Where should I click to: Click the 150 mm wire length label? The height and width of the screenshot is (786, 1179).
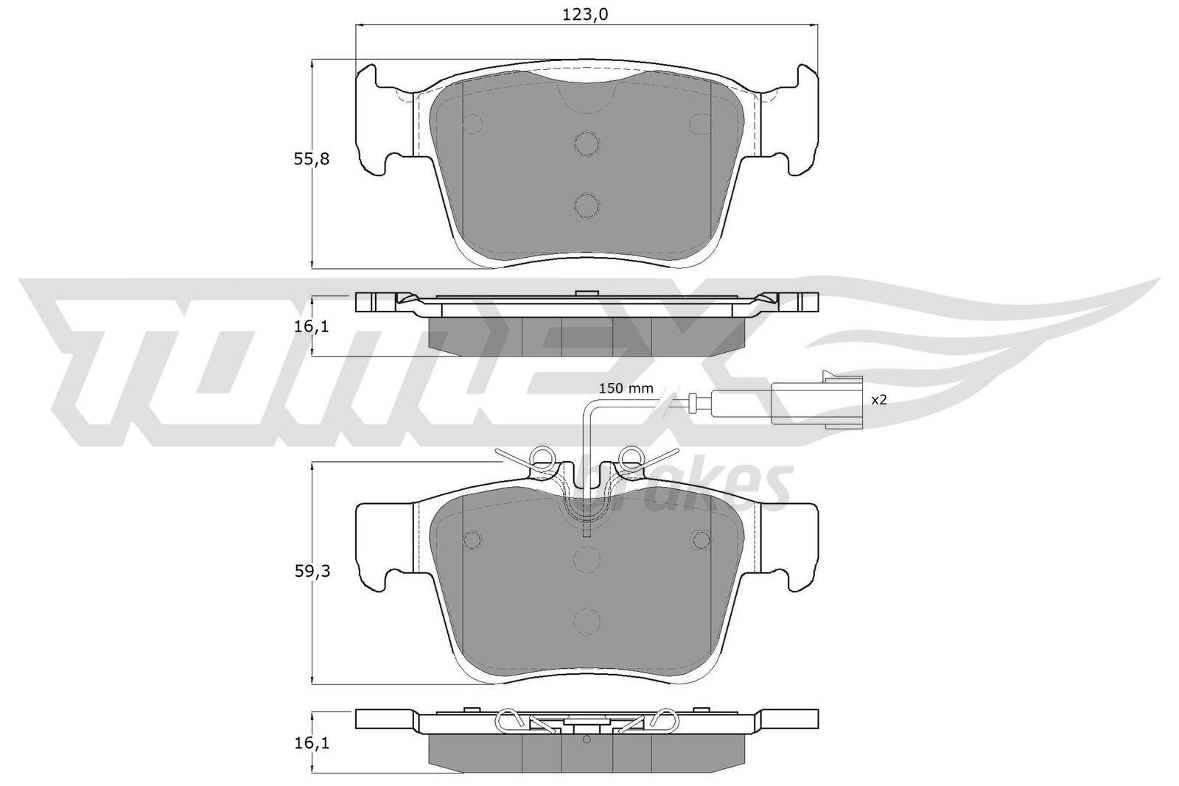coord(626,388)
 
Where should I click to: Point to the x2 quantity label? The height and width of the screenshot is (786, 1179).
coord(878,400)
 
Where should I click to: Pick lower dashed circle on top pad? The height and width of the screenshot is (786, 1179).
coord(587,205)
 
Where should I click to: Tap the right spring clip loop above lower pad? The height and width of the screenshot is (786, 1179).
coord(632,457)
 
